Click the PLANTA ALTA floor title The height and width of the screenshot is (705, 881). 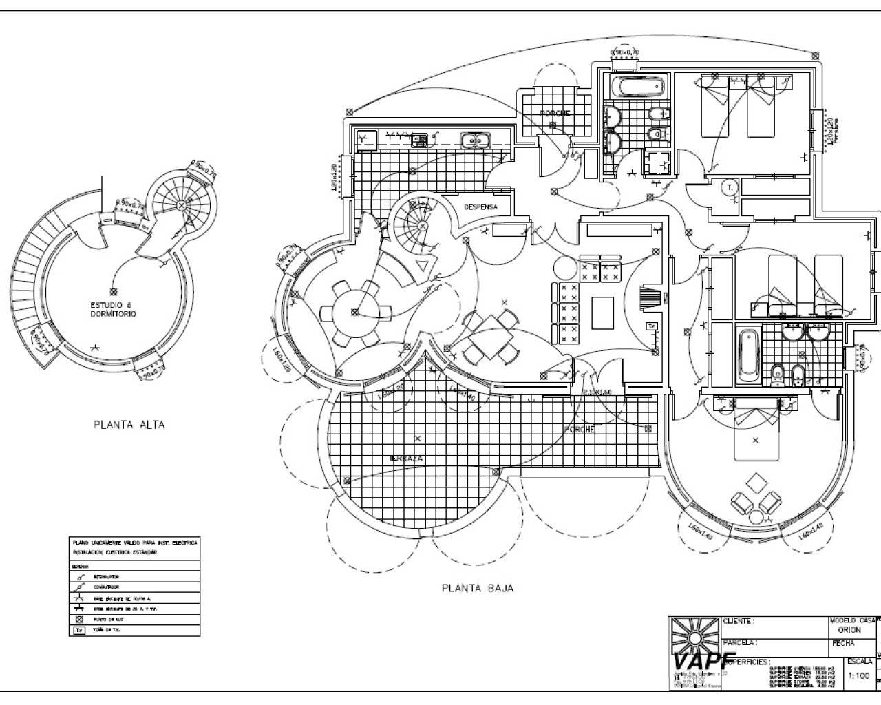tap(129, 425)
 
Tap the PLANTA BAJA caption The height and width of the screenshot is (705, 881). tap(477, 588)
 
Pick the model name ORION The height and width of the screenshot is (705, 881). tap(849, 630)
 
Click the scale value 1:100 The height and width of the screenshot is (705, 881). tap(860, 675)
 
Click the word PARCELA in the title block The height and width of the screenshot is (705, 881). tap(740, 642)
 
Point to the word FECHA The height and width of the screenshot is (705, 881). tap(842, 644)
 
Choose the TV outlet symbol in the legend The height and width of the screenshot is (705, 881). tap(79, 630)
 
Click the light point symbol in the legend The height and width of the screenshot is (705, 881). tap(79, 620)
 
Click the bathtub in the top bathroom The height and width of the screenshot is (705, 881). tap(637, 87)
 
